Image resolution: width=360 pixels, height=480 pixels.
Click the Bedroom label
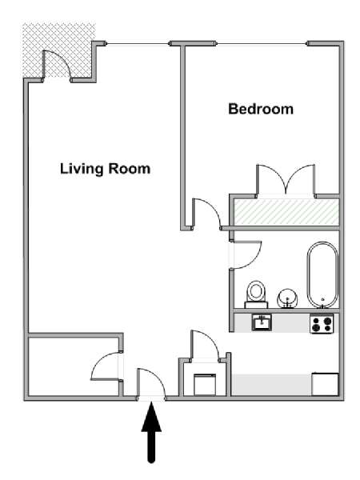pos(261,110)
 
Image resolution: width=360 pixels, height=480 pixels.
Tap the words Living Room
pos(105,169)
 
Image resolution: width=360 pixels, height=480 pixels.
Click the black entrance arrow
pos(151,433)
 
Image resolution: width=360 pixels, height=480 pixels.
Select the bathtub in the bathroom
pos(322,274)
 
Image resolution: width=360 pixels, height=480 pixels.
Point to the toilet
pos(256,294)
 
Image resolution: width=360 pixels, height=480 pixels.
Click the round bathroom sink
pos(287,298)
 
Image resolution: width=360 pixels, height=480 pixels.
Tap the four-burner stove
pos(322,324)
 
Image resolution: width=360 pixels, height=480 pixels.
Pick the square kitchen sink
pos(262,322)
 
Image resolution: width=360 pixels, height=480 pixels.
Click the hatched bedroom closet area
pos(286,212)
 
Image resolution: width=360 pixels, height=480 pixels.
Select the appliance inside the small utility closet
pos(205,385)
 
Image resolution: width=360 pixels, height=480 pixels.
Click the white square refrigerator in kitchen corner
pos(325,384)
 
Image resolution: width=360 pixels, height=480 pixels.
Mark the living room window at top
pos(138,44)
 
